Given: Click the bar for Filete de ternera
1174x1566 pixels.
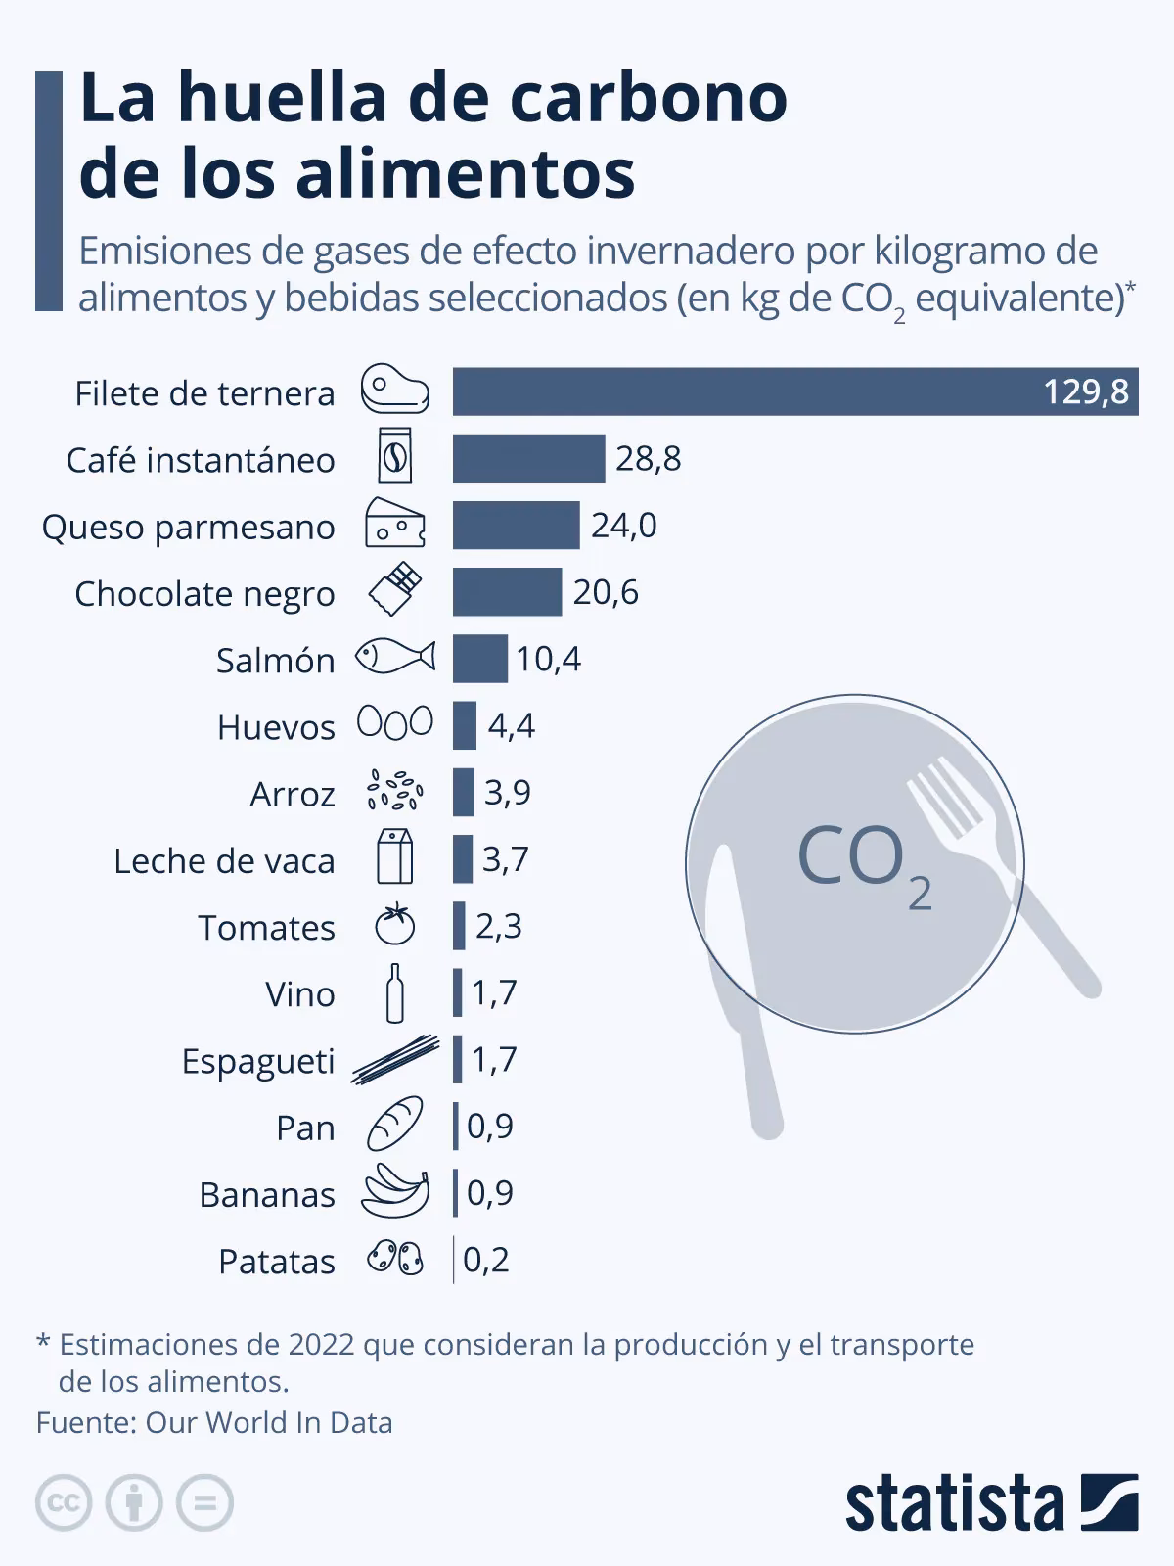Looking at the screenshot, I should point(794,391).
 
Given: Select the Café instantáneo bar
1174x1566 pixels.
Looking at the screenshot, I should point(528,458).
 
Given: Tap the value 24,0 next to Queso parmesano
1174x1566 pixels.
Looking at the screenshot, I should point(623,526).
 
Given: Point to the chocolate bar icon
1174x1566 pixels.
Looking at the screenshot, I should point(395,591).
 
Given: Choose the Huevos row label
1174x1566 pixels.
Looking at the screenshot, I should point(276,727).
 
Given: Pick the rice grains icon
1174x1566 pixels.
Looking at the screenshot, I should point(394,791).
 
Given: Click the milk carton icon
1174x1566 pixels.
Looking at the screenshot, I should point(394,856).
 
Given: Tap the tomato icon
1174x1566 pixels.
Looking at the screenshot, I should point(395,925).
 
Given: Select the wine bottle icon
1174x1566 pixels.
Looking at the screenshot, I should point(394,992).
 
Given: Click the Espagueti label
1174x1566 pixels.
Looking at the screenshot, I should point(258,1061).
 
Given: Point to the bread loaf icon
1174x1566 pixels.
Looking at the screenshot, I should point(395,1124).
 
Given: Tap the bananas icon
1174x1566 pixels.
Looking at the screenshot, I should point(395,1191).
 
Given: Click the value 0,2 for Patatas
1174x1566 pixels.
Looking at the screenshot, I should point(486,1260).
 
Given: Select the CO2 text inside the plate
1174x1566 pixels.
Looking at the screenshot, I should point(861,861).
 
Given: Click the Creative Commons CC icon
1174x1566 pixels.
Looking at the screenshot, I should point(64,1502).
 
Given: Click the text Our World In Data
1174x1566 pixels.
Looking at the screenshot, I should point(268,1422).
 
